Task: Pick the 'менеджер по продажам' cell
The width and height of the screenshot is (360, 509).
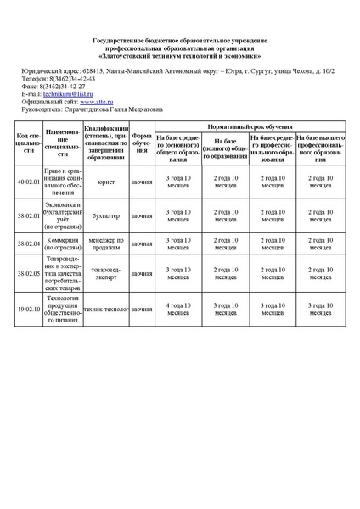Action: [x=107, y=244]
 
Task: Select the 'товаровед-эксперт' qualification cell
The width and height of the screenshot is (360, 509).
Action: [x=107, y=273]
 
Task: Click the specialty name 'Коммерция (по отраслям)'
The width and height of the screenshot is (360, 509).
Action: [x=63, y=244]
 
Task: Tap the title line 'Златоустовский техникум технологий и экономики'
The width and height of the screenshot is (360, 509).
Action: [x=179, y=55]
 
